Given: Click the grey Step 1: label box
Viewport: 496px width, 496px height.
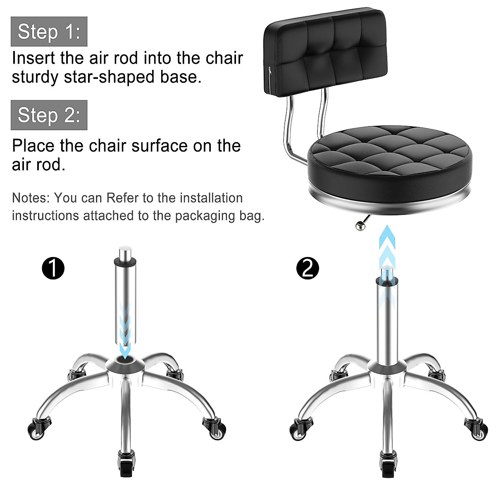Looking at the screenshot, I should pyautogui.click(x=49, y=31).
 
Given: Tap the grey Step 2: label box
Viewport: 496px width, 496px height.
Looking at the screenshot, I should pyautogui.click(x=49, y=114).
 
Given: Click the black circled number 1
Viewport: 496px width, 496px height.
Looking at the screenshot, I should pyautogui.click(x=53, y=268).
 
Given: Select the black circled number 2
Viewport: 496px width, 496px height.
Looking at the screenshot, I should pyautogui.click(x=308, y=268).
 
